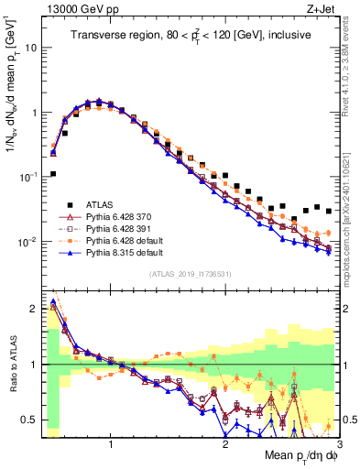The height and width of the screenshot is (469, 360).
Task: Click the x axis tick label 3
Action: click(339, 442)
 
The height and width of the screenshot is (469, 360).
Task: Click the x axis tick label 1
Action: click(111, 442)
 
